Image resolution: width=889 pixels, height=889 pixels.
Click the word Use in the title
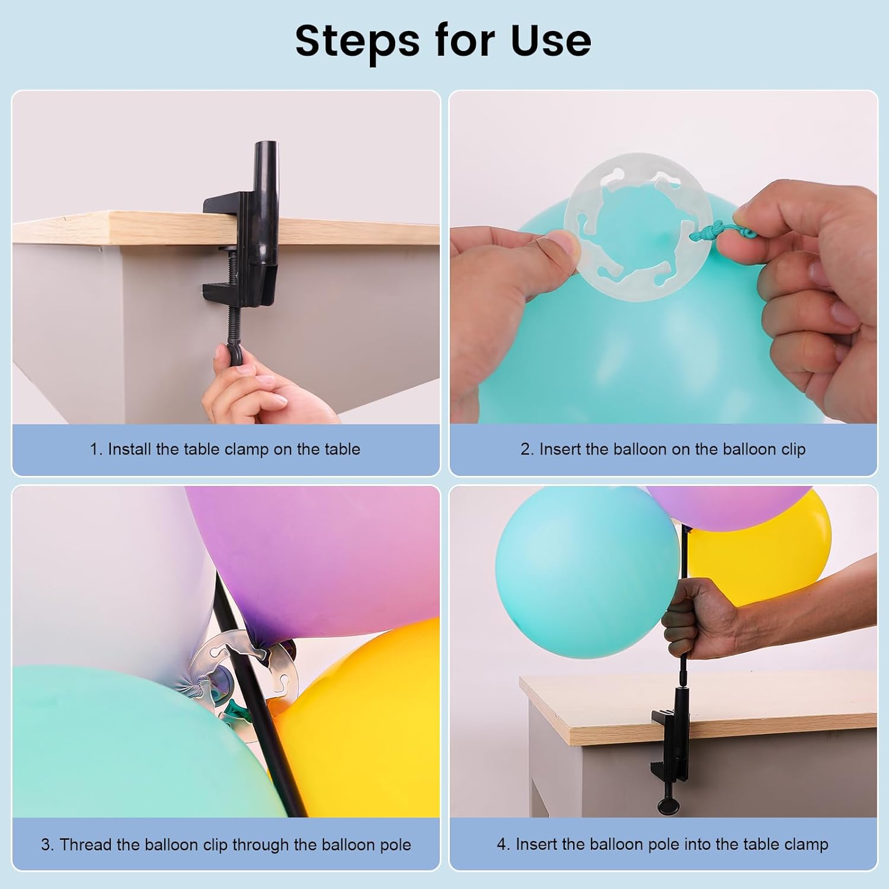551,41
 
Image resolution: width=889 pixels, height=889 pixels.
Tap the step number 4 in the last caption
503,844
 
